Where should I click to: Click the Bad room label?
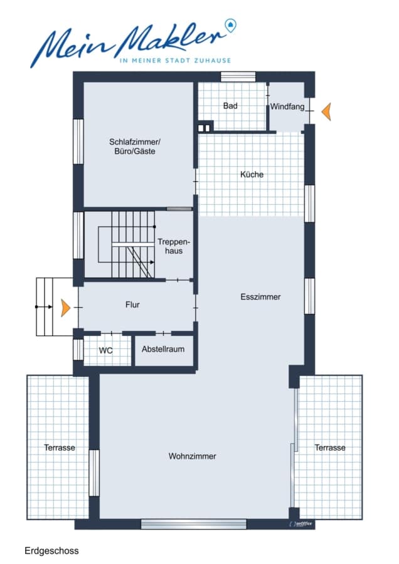click(230, 106)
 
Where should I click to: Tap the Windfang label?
click(287, 107)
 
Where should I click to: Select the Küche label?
click(252, 174)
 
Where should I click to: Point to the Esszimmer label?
click(260, 297)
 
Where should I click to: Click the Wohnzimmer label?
click(193, 456)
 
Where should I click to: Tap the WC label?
click(106, 350)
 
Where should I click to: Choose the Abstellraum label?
click(162, 349)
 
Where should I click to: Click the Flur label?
click(132, 305)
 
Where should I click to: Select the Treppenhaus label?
click(174, 246)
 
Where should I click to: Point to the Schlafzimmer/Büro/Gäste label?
click(135, 147)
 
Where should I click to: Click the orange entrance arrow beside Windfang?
click(326, 112)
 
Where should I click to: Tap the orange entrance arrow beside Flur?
click(65, 308)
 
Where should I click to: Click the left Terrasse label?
click(60, 447)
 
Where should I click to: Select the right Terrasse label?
click(330, 447)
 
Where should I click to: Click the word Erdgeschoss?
click(51, 551)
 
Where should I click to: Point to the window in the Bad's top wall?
click(238, 76)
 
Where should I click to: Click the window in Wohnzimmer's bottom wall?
click(193, 524)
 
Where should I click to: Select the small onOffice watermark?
click(301, 524)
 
